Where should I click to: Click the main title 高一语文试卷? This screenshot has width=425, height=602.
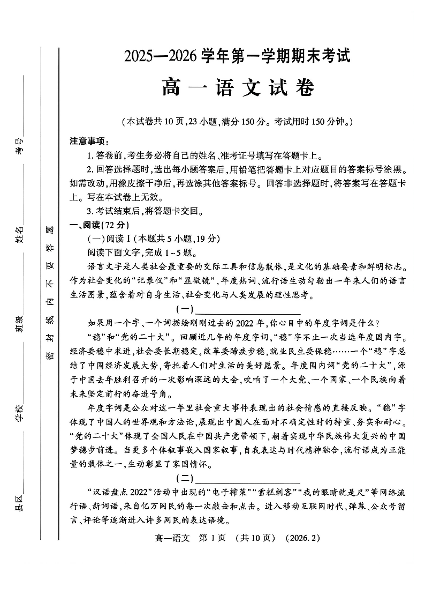pos(238,87)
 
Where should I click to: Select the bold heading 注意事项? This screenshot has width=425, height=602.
pos(89,142)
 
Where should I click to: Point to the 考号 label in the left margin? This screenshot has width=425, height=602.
pos(20,145)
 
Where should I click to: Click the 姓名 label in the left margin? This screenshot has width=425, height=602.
pos(20,234)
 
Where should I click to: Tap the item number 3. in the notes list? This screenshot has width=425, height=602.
pos(91,211)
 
